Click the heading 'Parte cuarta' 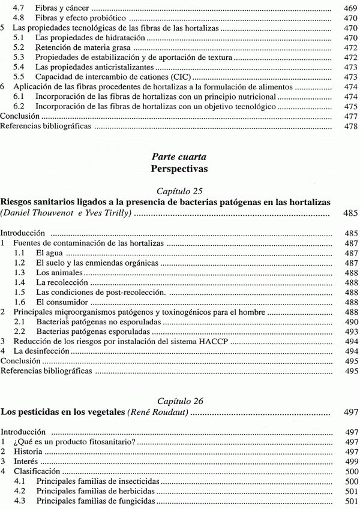pyautogui.click(x=179, y=156)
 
